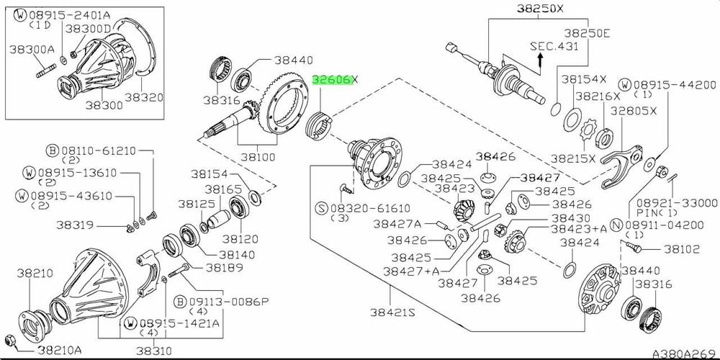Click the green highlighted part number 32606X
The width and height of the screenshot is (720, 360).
pyautogui.click(x=333, y=81)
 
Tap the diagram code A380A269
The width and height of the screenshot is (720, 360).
pyautogui.click(x=684, y=354)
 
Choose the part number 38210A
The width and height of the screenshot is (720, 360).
pyautogui.click(x=60, y=350)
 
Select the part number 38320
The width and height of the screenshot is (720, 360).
pyautogui.click(x=143, y=96)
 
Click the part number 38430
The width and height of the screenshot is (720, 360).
pyautogui.click(x=571, y=217)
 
